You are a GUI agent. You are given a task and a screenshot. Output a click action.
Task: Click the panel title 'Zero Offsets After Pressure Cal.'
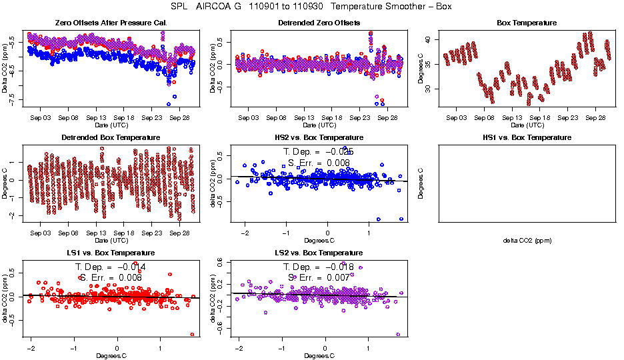click(x=111, y=23)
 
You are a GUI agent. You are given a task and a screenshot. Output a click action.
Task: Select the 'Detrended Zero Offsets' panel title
click(x=319, y=23)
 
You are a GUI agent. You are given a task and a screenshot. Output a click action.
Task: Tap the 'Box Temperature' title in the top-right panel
click(x=527, y=23)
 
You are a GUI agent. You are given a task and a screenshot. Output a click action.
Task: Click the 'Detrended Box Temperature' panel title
click(x=111, y=138)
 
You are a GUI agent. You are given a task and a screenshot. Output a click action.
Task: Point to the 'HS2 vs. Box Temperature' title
click(x=319, y=138)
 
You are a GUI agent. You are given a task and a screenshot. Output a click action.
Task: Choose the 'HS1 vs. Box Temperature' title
click(x=527, y=138)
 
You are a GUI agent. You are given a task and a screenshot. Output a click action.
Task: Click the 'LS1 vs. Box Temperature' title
click(x=111, y=253)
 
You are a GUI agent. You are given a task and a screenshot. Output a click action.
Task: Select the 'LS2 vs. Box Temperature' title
click(x=319, y=253)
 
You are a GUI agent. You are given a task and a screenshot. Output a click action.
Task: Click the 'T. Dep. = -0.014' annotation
click(x=111, y=267)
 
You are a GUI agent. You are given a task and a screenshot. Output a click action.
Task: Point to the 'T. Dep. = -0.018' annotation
click(x=319, y=267)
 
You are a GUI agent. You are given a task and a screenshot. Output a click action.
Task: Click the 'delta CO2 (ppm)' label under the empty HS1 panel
click(x=527, y=240)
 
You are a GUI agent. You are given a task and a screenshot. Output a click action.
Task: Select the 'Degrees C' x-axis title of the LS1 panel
click(x=111, y=355)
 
